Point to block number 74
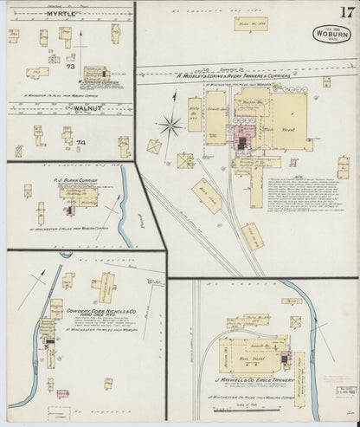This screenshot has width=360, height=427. coord(81,141)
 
